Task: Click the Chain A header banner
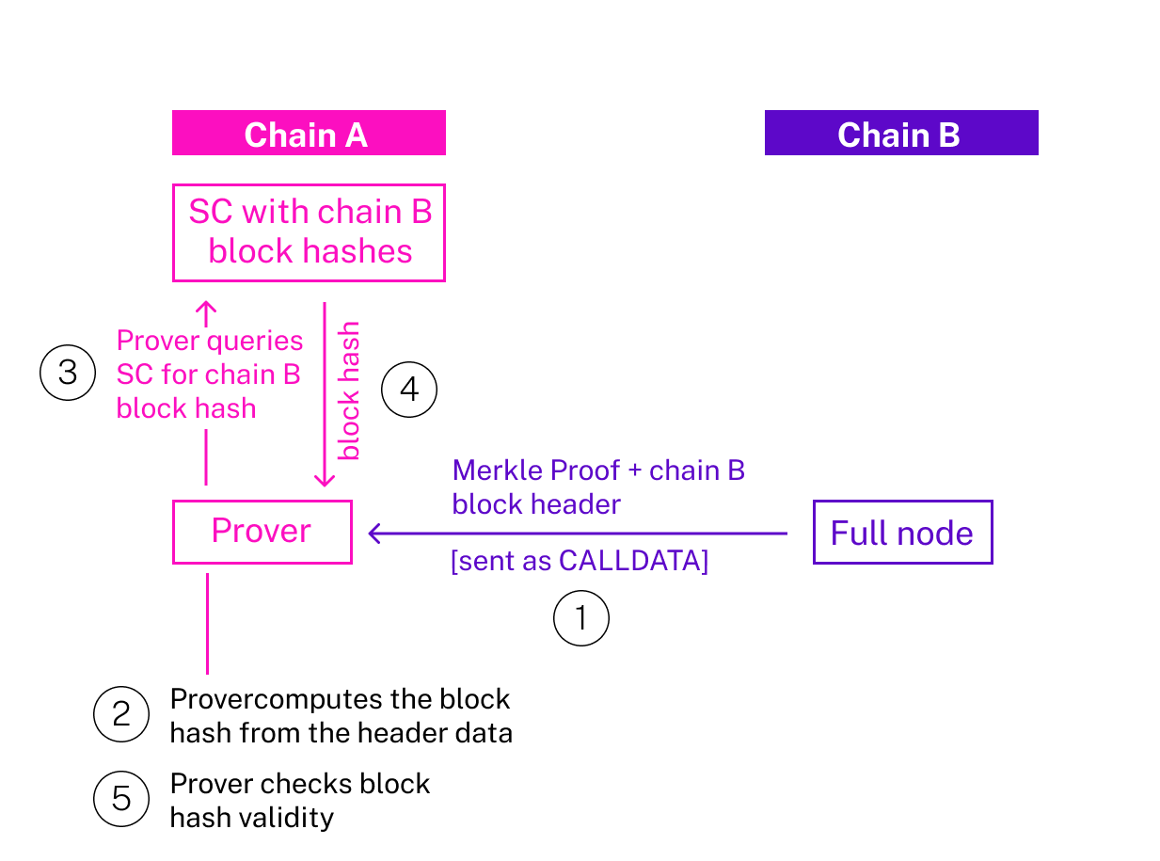coord(308,134)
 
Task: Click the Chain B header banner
coord(900,134)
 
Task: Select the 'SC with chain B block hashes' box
coord(309,232)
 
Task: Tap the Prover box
coord(262,532)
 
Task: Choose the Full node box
coord(901,533)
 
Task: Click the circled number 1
coord(580,618)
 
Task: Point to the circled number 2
coord(121,715)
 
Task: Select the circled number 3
coord(68,373)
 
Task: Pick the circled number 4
coord(409,390)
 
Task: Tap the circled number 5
coord(121,799)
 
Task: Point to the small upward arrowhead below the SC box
coord(206,309)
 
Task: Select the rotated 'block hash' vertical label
coord(349,391)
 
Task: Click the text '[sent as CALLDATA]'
coord(579,561)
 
